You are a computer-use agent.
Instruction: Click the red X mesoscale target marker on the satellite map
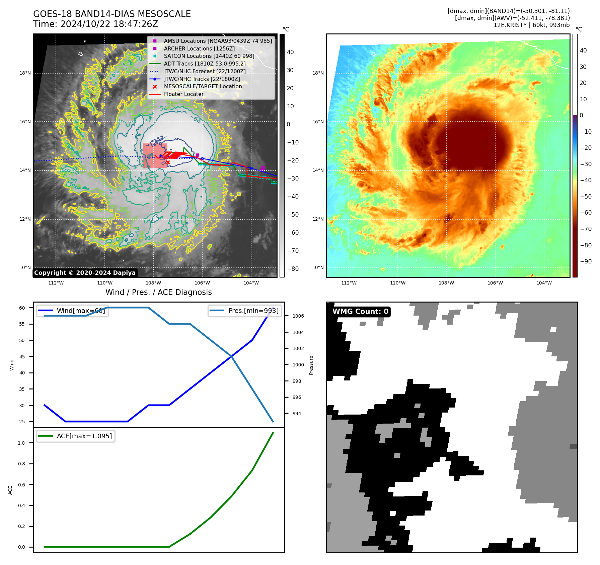[168, 162]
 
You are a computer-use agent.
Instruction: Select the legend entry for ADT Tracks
[205, 64]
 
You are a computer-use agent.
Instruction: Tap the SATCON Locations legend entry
[209, 56]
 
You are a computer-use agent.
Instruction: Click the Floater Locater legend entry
[183, 94]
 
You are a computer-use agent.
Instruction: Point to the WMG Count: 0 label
[360, 312]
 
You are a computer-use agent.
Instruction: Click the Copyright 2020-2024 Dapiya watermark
[85, 273]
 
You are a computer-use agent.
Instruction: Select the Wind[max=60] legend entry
[81, 311]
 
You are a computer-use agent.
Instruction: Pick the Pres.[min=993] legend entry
[253, 311]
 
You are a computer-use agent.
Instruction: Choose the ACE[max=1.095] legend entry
[84, 436]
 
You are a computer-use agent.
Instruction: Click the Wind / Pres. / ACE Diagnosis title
[158, 292]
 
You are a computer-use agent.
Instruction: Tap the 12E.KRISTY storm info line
[531, 25]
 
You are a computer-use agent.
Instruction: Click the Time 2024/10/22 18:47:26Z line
[95, 24]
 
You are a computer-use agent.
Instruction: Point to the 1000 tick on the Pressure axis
[298, 365]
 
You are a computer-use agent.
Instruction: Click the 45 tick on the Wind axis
[22, 356]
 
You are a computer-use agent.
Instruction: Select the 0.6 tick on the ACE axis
[21, 485]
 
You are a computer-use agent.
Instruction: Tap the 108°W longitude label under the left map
[153, 283]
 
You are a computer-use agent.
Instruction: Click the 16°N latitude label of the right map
[318, 122]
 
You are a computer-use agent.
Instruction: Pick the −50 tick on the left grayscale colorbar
[293, 215]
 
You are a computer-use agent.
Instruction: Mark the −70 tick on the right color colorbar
[586, 229]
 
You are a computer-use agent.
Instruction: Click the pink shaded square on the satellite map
[155, 155]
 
